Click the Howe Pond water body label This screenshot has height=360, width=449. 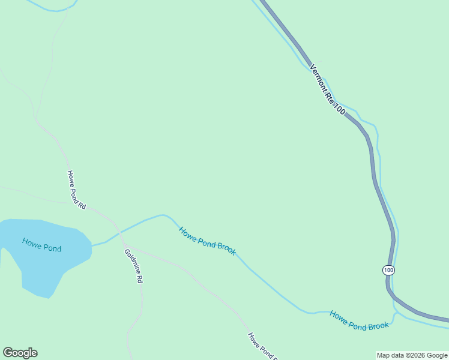pos(41,245)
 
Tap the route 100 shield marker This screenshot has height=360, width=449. pos(388,270)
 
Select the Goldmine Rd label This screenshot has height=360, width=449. pos(134,265)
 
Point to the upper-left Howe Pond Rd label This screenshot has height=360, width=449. pos(76,190)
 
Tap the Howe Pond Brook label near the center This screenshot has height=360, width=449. pos(207,241)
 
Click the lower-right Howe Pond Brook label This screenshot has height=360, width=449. pos(359,320)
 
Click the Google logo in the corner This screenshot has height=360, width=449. pos(20,353)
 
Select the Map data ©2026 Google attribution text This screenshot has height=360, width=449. pos(412,355)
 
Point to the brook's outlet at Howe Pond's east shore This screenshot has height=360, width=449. pos(92,245)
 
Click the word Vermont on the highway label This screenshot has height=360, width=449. pos(318,78)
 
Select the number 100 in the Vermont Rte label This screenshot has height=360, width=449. pos(339,109)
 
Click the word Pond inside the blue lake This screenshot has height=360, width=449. pos(52,247)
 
